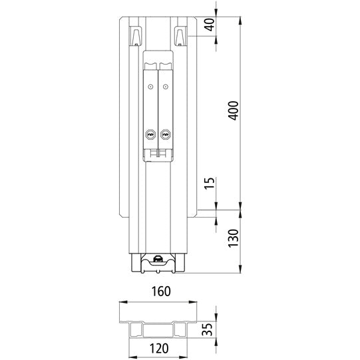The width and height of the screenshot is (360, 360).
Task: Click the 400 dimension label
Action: pyautogui.click(x=232, y=111)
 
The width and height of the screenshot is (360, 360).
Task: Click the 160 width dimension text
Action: pyautogui.click(x=160, y=291)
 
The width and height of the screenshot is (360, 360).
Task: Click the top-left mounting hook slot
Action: pyautogui.click(x=136, y=34)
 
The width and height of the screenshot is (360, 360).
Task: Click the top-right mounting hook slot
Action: pyautogui.click(x=180, y=34)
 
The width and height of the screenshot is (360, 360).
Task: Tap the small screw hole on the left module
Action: pyautogui.click(x=151, y=87)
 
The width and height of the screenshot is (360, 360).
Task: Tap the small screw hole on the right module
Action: pyautogui.click(x=165, y=87)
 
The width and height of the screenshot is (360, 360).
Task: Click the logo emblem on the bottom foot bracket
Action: pyautogui.click(x=158, y=261)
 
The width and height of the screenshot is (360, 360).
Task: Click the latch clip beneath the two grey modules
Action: pyautogui.click(x=158, y=154)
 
